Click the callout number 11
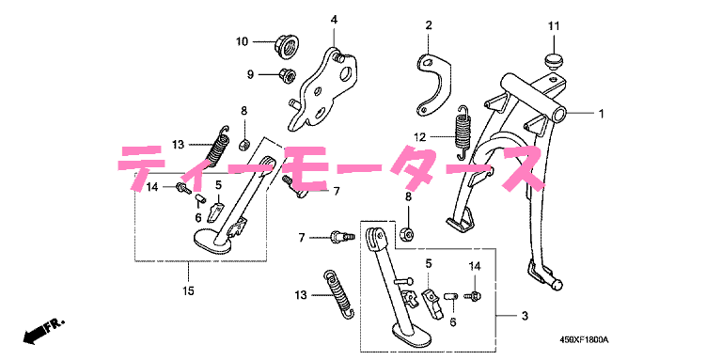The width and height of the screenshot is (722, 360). (554, 26)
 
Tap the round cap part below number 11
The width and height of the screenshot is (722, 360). (552, 60)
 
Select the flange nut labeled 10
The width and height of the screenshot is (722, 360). (284, 45)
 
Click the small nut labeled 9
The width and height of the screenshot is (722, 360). (287, 75)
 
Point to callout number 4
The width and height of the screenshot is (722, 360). (334, 20)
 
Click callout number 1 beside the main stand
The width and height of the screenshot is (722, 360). (601, 113)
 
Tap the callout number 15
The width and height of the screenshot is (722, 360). (188, 290)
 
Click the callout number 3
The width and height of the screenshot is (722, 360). (525, 316)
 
